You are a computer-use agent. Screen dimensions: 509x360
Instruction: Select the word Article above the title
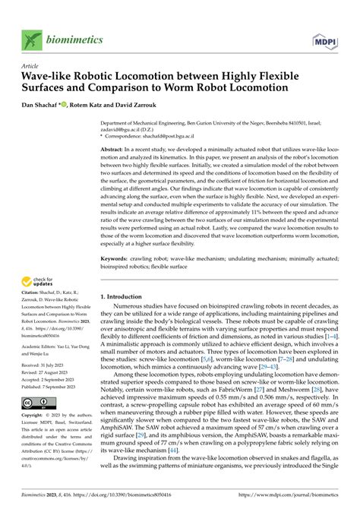31,66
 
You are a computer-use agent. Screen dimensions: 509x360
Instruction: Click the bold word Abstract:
116,151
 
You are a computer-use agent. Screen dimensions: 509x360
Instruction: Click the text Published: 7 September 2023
55,385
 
